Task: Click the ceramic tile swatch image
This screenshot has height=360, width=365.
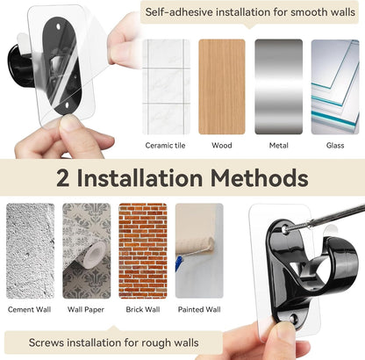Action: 166,87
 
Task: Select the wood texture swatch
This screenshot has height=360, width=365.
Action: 222,87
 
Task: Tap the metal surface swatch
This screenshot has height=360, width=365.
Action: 279,87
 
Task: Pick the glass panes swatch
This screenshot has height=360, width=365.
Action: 335,87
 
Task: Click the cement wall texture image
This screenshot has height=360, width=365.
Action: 31,251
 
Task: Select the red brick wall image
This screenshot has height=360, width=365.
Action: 143,251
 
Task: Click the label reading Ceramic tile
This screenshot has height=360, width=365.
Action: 165,146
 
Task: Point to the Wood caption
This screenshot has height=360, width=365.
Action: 222,146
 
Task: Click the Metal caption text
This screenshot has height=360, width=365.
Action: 279,146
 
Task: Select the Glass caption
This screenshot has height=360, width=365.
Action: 335,146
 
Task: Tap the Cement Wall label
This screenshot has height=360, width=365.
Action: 30,309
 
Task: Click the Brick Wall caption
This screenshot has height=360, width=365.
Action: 143,309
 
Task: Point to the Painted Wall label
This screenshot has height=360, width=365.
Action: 199,309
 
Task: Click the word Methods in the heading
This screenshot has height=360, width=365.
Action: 260,178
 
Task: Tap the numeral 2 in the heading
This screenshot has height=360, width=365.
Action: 63,178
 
